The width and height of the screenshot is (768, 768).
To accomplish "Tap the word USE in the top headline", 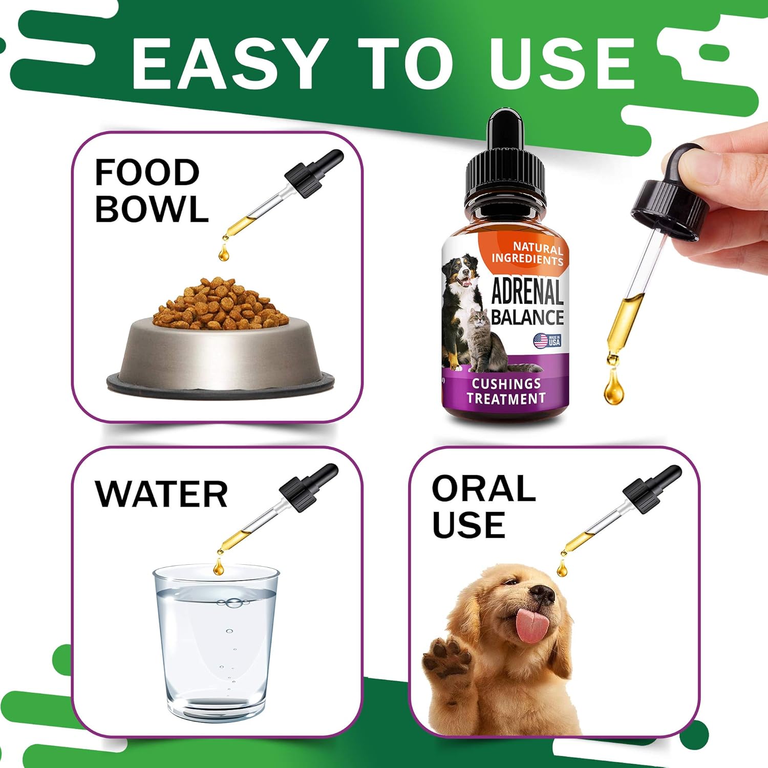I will click(562, 63).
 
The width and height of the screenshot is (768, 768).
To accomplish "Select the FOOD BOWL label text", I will click(151, 190).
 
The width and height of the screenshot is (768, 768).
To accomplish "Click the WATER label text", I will click(161, 494).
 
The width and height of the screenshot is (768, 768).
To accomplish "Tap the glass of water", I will click(216, 643).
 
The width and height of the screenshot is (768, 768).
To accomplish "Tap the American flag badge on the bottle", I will click(547, 340).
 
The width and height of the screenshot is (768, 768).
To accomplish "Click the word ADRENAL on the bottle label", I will click(527, 292).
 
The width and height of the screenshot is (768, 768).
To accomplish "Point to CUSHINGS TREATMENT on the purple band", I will click(505, 391).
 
